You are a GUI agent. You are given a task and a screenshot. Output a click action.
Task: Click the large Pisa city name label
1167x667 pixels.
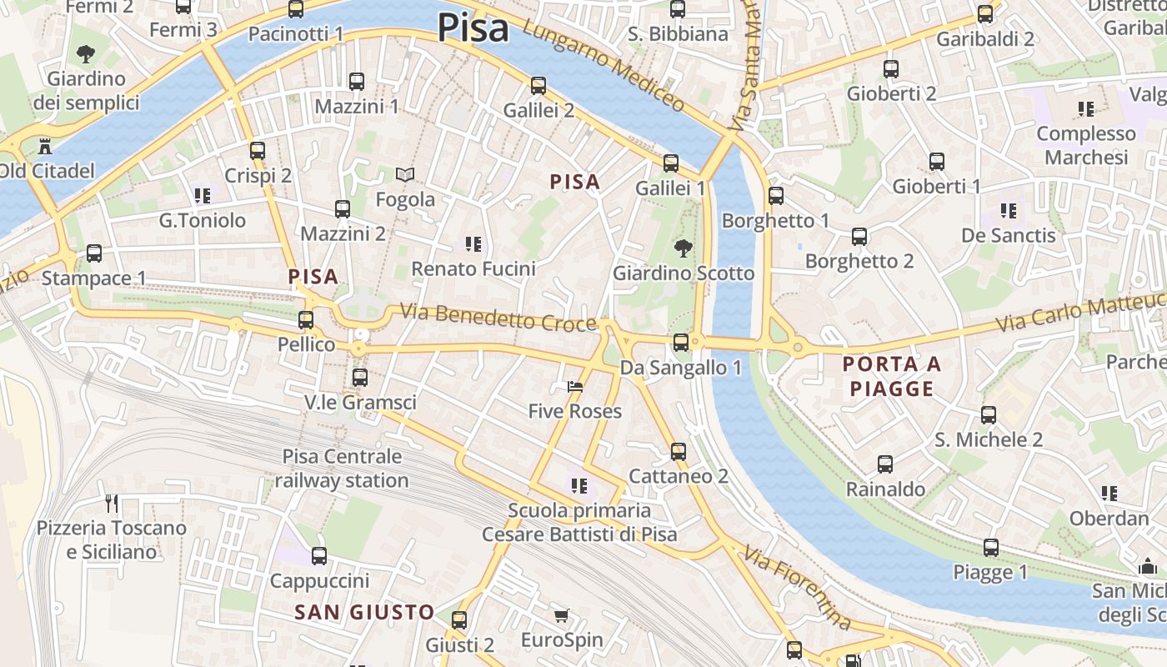pos(473,28)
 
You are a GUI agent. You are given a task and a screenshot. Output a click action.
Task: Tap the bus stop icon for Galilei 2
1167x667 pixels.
pos(538,85)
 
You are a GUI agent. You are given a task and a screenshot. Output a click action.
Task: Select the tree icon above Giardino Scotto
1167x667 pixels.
pos(683,248)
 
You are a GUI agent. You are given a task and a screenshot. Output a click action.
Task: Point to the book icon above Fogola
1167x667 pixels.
pos(405,175)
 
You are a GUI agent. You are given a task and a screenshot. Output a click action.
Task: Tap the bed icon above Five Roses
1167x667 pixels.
pos(575,386)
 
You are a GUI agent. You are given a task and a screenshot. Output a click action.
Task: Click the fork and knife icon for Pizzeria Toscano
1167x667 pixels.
pos(112,503)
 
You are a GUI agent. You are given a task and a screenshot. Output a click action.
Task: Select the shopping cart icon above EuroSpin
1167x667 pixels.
pos(562,616)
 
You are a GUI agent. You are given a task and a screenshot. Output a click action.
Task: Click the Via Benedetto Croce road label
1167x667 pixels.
pos(498,318)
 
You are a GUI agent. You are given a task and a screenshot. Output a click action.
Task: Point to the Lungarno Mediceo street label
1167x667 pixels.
pos(604,68)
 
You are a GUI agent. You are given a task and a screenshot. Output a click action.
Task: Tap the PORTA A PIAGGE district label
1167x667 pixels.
pos(892,376)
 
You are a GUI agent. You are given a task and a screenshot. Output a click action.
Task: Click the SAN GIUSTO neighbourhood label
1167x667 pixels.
pos(364,613)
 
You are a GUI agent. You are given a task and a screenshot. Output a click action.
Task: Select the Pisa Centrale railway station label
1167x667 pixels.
pos(342,469)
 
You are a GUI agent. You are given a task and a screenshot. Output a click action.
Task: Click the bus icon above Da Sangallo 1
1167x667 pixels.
pos(681,342)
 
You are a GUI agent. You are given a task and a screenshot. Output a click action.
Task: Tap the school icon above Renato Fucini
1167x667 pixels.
pos(473,244)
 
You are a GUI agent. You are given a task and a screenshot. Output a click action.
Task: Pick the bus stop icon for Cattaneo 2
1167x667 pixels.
pos(679,451)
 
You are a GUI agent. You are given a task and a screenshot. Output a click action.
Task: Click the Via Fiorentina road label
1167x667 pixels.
pos(797,589)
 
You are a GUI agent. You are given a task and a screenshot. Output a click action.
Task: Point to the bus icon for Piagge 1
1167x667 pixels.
pos(990,548)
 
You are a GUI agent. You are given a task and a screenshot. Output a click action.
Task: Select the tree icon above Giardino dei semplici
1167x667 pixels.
pos(85,55)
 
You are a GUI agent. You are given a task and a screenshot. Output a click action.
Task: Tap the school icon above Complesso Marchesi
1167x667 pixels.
pos(1085,108)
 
